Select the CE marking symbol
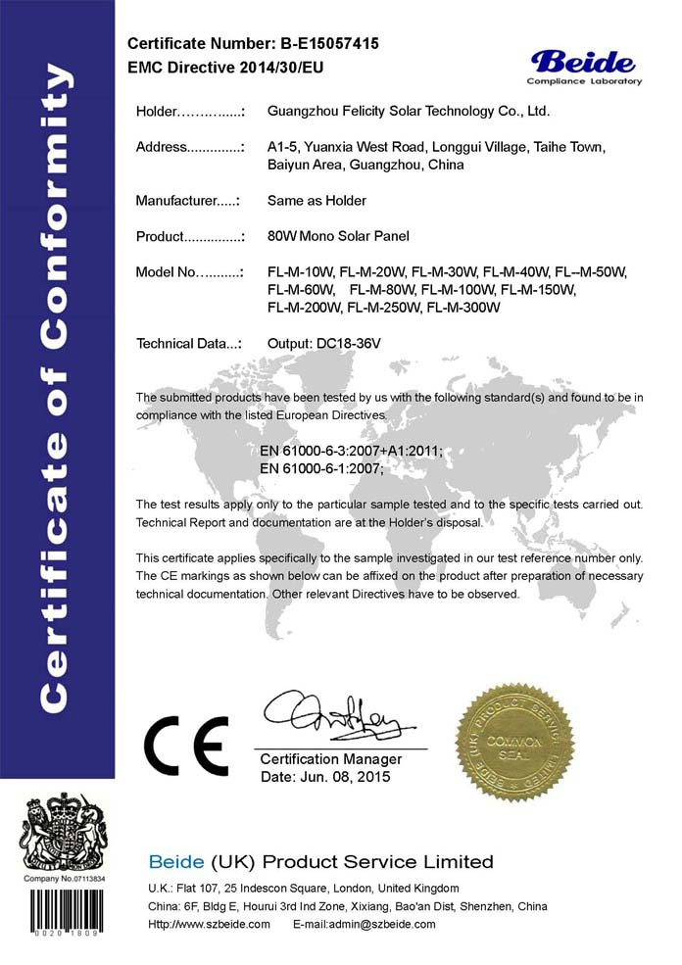click(x=187, y=746)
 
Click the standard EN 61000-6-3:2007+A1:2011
click(x=352, y=451)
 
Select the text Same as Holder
click(x=317, y=201)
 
